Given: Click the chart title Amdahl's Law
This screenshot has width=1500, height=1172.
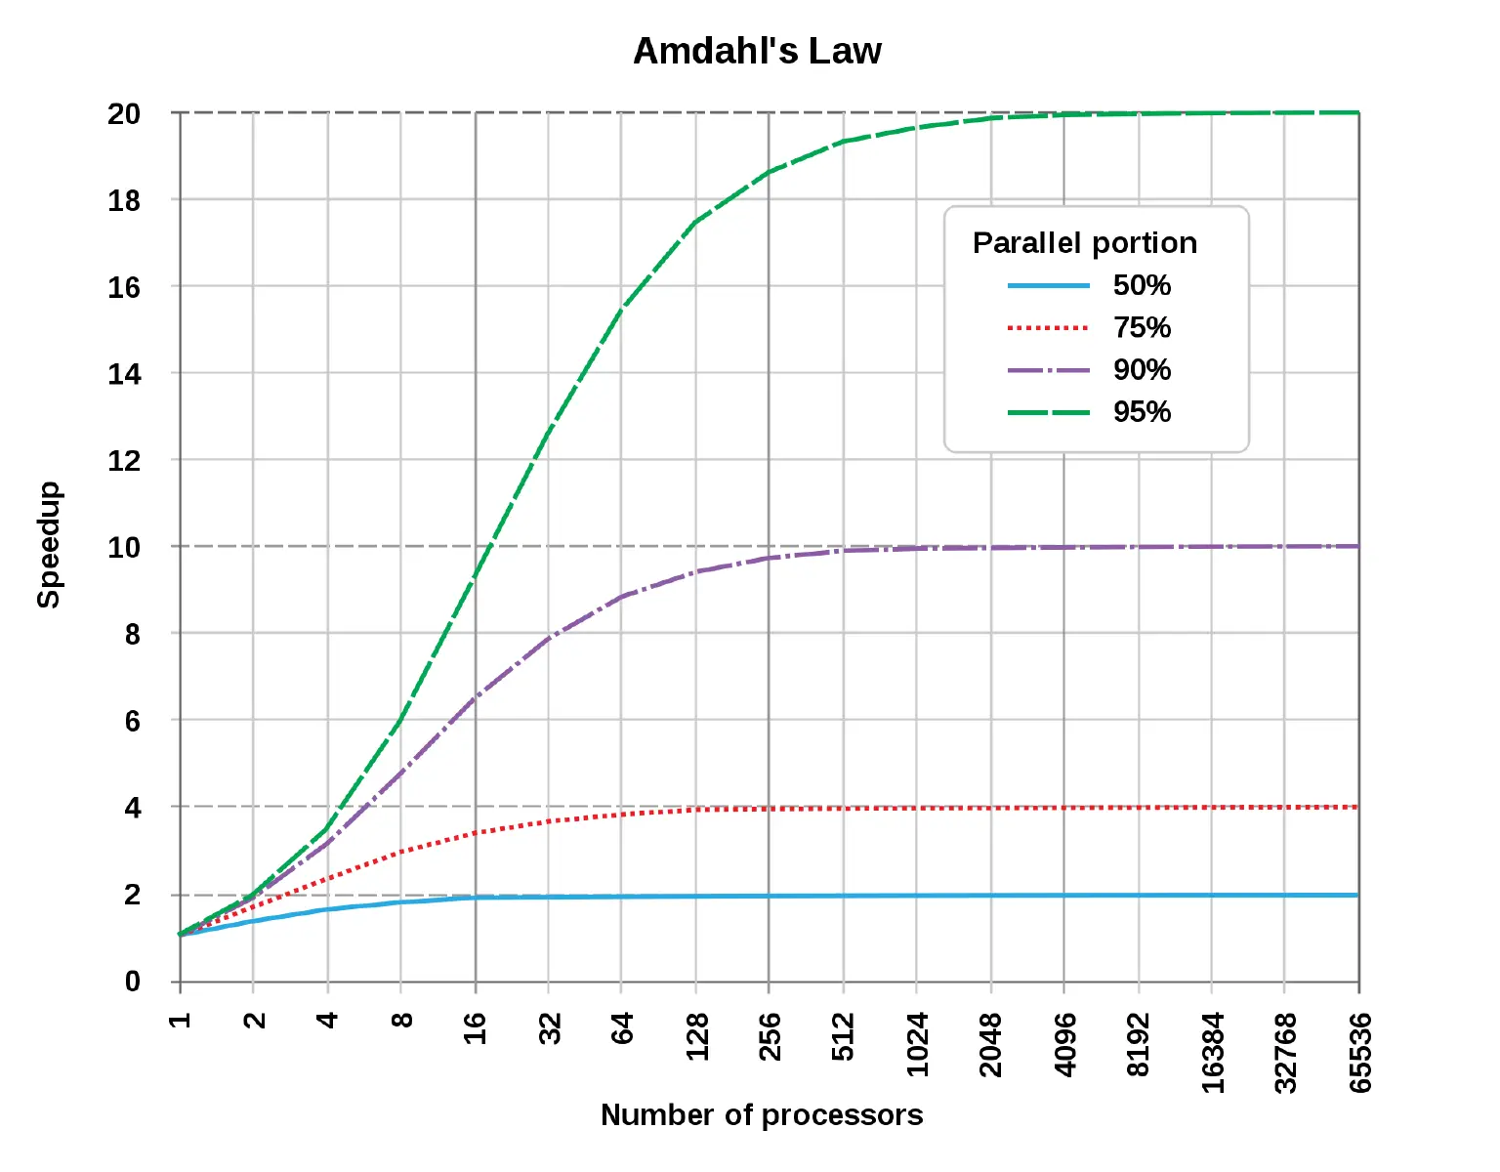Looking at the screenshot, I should pos(757,51).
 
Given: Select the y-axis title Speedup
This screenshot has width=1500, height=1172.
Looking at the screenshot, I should pos(49,544).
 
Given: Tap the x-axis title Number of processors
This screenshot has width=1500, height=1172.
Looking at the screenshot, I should pos(761,1114).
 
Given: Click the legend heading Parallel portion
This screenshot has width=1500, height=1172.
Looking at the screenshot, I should pos(1084,242).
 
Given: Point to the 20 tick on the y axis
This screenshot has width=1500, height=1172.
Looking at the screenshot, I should pos(124,113).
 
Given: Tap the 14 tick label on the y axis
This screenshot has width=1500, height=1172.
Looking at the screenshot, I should pos(124,373).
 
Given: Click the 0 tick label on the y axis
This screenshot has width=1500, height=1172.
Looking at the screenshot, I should pos(132,981).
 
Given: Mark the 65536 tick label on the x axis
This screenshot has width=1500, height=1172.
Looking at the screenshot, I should pos(1359,1052).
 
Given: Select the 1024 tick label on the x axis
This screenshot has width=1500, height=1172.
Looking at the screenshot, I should pos(917,1044).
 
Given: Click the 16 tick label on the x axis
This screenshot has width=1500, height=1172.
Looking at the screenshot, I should pos(475,1028).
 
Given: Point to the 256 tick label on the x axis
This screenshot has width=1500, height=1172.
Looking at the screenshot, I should pos(770,1036).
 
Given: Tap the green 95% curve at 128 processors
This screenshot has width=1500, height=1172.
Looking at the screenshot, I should pos(695,222).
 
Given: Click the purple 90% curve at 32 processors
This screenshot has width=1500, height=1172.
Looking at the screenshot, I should pos(549,637).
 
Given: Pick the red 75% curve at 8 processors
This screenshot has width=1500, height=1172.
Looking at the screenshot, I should pos(400,852).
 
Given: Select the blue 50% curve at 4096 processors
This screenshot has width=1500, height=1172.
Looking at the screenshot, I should pos(1064,896).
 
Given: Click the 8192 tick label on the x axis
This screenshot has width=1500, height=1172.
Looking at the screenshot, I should pos(1139,1044).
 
